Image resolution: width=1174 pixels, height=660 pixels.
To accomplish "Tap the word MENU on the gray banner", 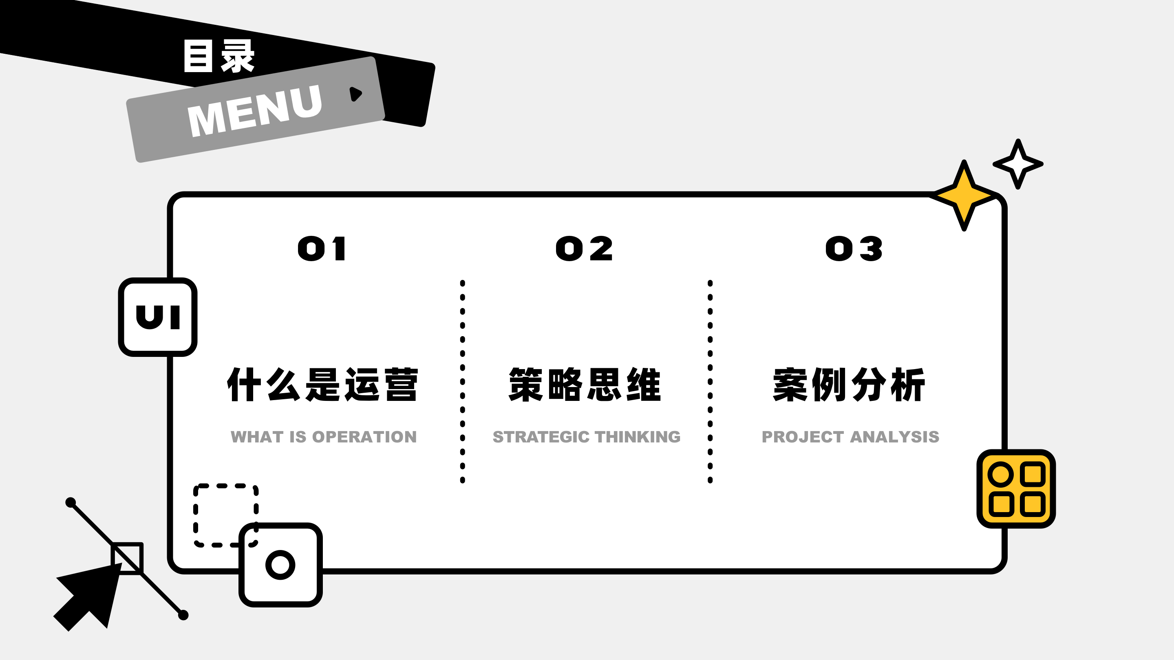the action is (255, 111).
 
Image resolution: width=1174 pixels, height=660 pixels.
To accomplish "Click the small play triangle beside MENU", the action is (355, 93).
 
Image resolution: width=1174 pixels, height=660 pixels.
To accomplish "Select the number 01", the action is (322, 249).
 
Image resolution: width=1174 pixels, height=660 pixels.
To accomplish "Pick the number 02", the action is (584, 249).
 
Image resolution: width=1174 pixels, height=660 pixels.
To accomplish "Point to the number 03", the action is (854, 249).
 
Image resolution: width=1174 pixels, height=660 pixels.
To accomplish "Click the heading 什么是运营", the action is (323, 385).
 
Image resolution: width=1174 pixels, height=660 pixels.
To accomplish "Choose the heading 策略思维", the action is (585, 385).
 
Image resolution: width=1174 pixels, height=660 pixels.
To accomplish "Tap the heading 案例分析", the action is (849, 385).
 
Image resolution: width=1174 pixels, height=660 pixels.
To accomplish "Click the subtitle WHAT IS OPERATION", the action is (324, 437).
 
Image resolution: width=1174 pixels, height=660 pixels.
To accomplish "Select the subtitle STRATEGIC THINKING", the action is (587, 437).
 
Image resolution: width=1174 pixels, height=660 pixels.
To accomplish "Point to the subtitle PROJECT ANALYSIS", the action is (850, 437).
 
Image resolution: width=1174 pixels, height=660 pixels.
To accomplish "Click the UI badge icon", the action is (158, 317).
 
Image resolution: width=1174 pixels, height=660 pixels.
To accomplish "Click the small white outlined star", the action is (1018, 164).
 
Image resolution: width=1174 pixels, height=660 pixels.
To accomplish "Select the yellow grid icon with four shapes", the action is (1016, 489).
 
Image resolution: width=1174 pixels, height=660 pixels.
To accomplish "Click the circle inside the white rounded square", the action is (280, 565).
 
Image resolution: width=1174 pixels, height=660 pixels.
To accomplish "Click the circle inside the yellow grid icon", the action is (1000, 474).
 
